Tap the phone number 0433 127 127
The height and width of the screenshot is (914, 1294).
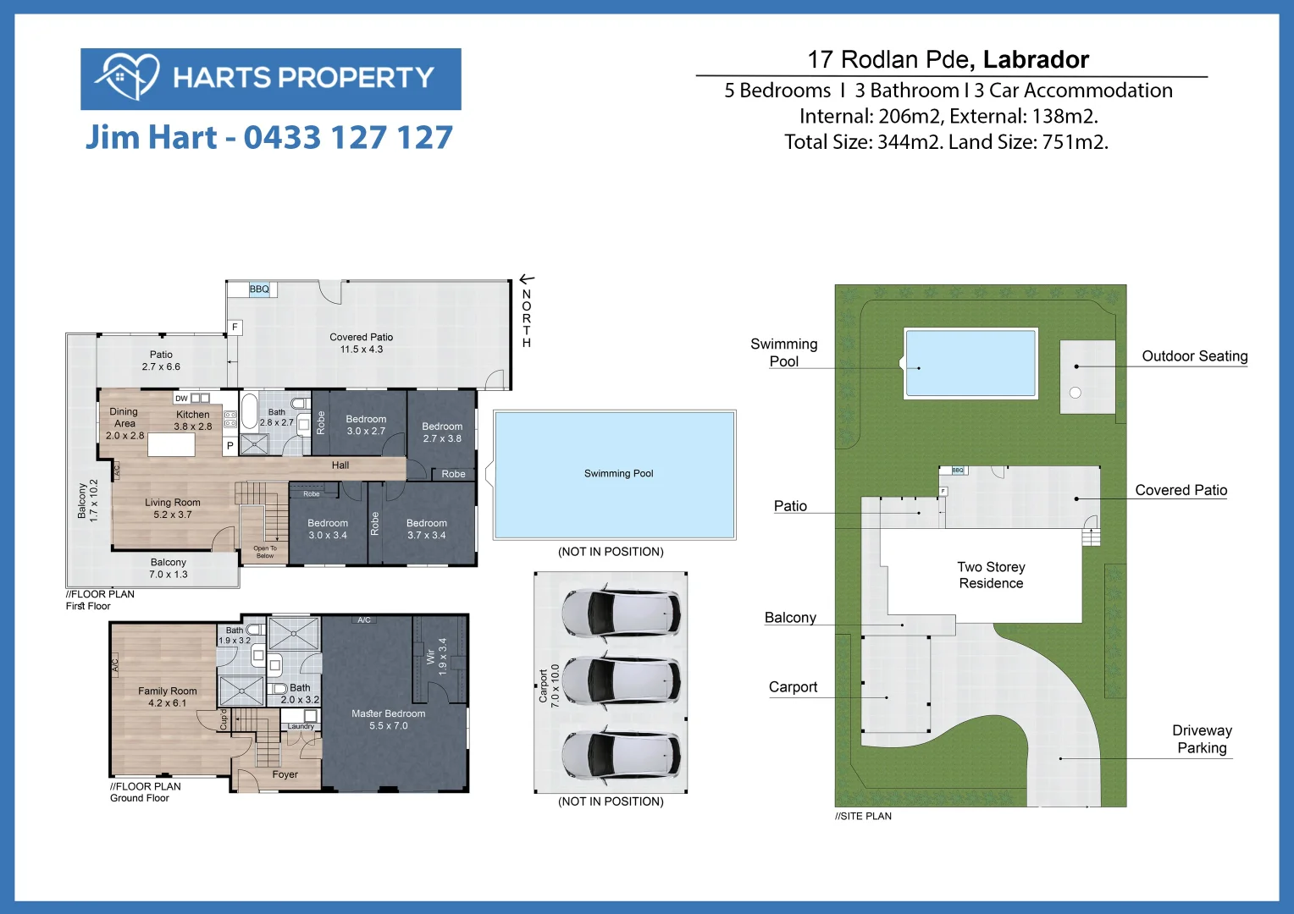348,137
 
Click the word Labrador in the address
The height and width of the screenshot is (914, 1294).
1036,59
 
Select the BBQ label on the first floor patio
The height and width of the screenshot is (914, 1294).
259,289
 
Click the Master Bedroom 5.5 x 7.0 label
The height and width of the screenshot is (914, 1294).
389,719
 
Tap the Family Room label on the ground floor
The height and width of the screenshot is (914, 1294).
168,697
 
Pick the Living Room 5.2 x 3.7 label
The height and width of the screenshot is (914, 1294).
173,508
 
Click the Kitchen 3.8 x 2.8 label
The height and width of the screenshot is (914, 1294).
193,420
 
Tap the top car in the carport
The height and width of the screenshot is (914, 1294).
622,612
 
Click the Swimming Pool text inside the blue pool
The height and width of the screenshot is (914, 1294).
618,474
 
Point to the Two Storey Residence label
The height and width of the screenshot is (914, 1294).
991,575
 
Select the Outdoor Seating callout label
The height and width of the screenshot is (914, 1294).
1194,356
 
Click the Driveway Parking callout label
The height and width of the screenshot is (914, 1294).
1202,739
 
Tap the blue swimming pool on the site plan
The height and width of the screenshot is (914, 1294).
970,363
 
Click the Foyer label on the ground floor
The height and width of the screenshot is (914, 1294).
285,774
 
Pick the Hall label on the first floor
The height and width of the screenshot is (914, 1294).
340,465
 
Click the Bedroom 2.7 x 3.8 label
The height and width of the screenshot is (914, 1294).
442,432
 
